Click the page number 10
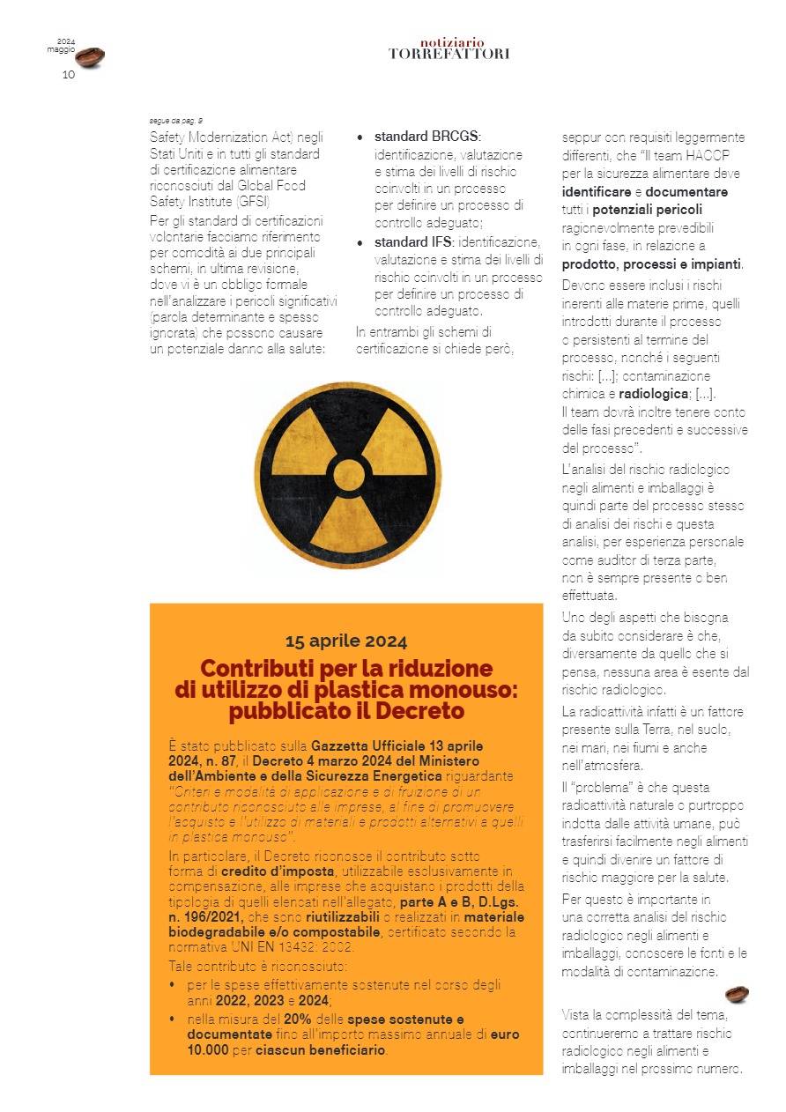(x=68, y=75)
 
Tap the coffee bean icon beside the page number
(x=90, y=58)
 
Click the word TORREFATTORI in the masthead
(x=449, y=54)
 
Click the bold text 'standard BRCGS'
(x=427, y=137)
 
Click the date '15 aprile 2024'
(x=346, y=641)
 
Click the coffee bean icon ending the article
(x=737, y=995)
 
